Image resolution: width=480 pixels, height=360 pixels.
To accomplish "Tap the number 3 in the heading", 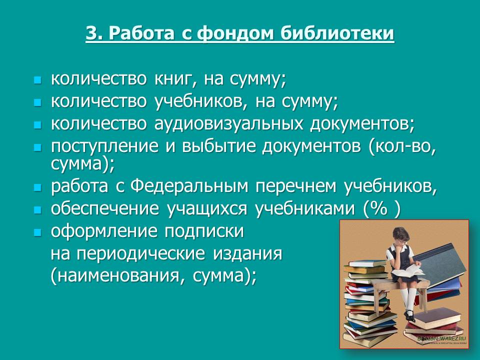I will point(90,34).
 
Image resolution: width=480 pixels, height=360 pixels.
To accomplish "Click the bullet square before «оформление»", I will point(36,232).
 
